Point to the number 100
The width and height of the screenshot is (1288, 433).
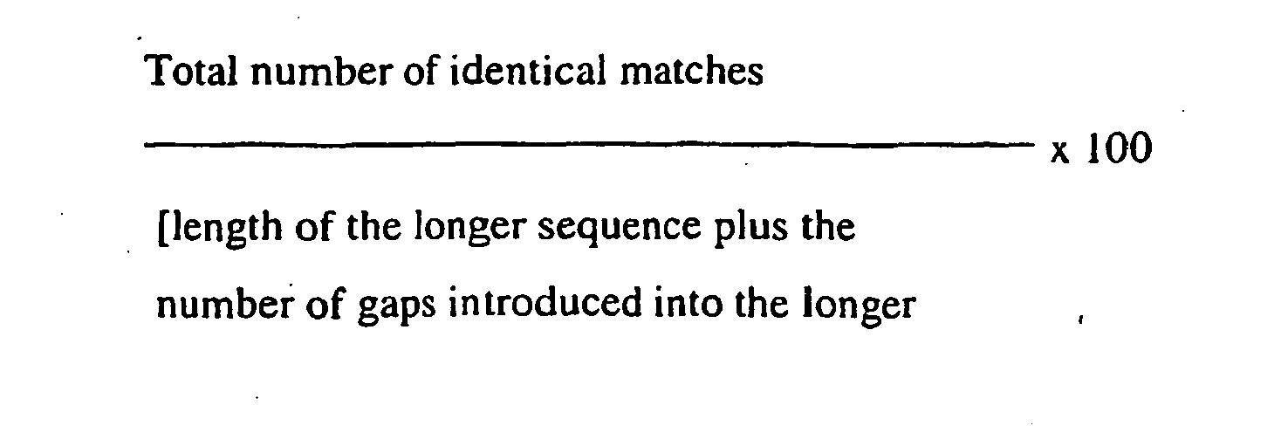(1118, 151)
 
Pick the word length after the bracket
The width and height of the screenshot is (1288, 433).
(209, 230)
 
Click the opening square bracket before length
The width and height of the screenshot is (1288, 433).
(161, 230)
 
